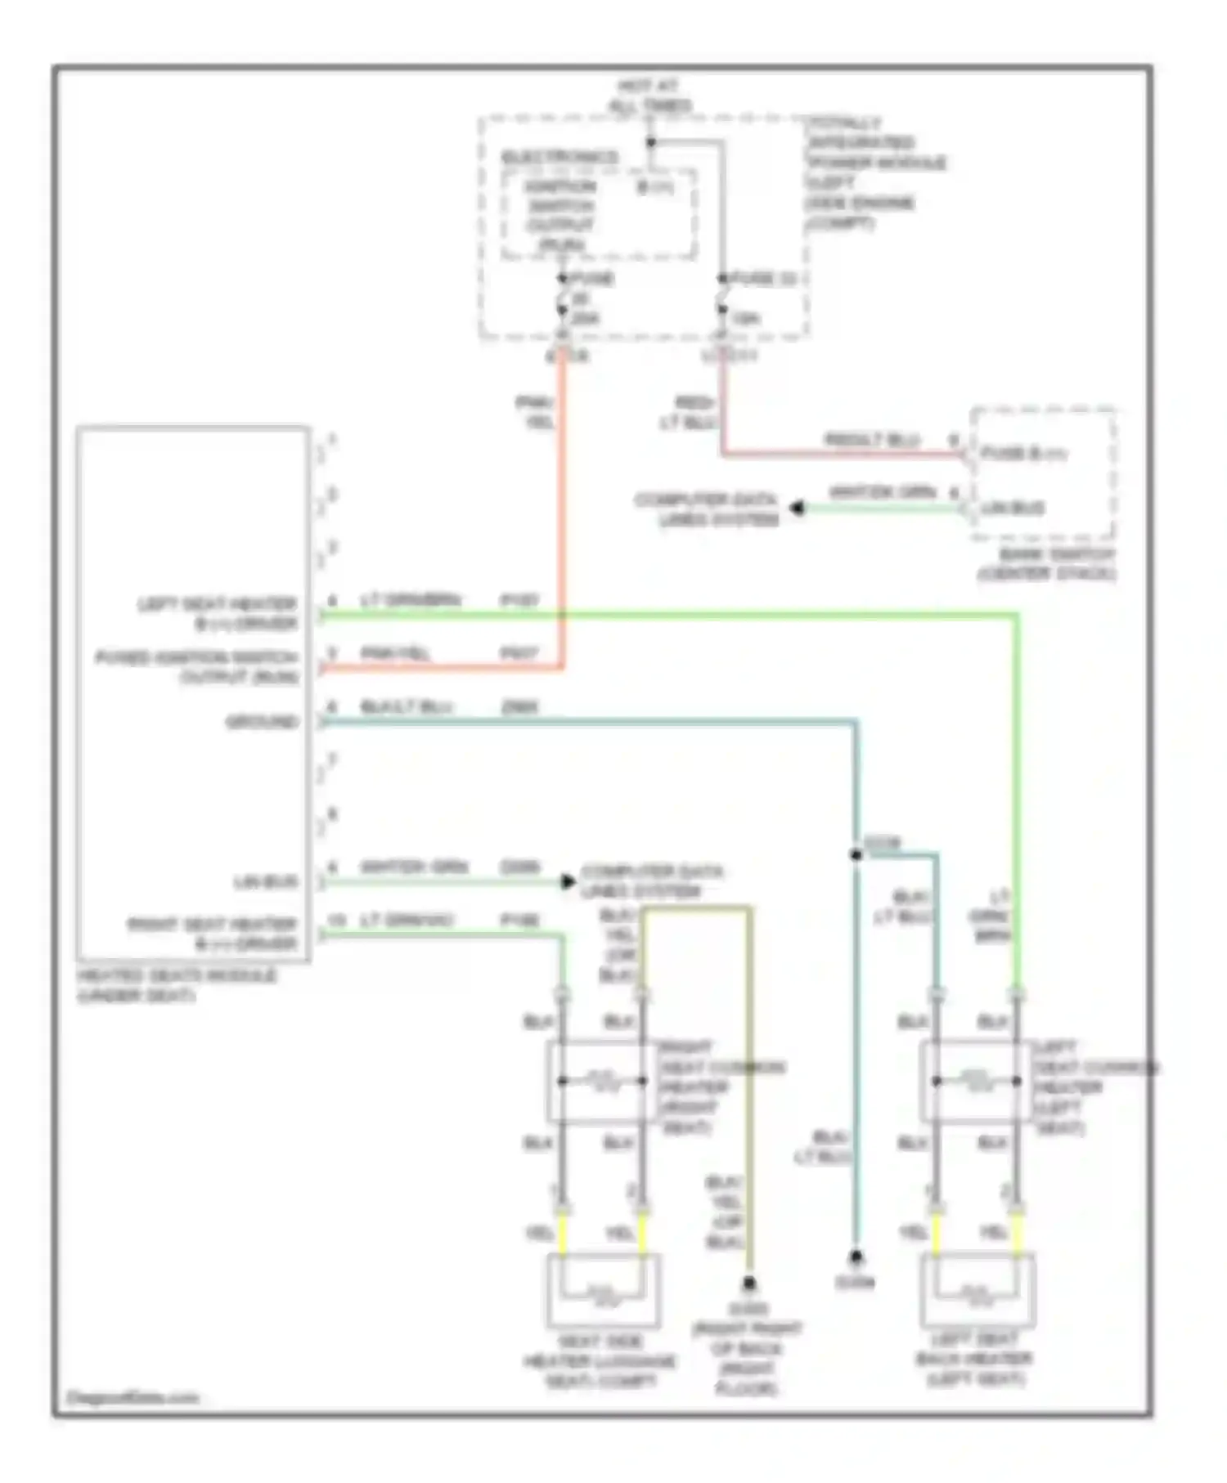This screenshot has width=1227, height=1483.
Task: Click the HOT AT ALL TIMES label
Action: [x=649, y=96]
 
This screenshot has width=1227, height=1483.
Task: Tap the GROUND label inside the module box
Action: [x=263, y=722]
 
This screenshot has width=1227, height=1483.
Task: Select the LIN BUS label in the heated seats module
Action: [x=266, y=882]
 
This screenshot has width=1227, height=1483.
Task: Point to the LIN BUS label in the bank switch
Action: [x=1013, y=509]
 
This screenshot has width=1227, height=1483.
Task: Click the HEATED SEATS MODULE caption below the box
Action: [x=177, y=986]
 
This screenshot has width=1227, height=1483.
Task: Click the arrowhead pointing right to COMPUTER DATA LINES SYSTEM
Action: [x=568, y=881]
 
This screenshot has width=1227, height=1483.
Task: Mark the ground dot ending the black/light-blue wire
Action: [x=855, y=1256]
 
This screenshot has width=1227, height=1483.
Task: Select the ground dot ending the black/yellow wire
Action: [x=748, y=1284]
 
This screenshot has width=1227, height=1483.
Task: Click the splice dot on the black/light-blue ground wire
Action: [x=856, y=855]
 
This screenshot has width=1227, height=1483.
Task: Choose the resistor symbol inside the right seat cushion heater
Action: [x=602, y=1081]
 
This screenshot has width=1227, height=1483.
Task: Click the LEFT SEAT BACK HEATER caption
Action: [x=974, y=1359]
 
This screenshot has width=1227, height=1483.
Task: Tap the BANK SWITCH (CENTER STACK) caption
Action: [x=1046, y=564]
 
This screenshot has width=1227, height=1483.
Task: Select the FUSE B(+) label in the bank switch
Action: [x=1022, y=453]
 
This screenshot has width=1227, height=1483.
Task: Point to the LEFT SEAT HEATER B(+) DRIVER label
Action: [x=218, y=614]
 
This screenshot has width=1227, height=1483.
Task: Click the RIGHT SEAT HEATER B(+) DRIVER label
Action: [x=213, y=934]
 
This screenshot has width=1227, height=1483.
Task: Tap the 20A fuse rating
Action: [x=584, y=318]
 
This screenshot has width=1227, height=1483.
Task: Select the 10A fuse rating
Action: [x=744, y=318]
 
